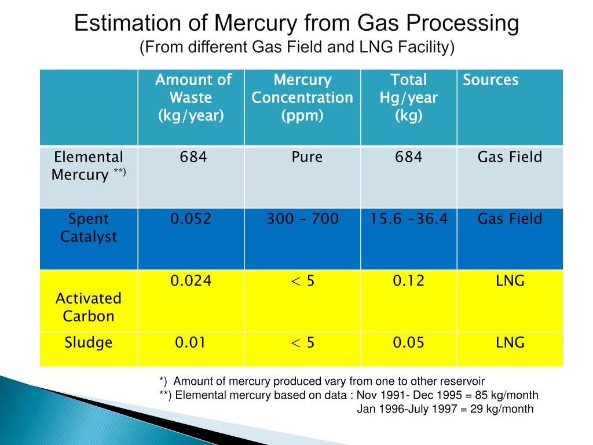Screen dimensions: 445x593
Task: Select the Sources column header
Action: point(490,80)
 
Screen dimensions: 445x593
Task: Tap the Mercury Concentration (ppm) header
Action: point(302,97)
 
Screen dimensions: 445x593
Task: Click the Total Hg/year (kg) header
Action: point(408,97)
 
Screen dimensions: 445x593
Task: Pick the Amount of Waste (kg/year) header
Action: point(193,97)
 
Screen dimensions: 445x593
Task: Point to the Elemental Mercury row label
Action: point(89,166)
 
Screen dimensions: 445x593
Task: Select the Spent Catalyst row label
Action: point(89,228)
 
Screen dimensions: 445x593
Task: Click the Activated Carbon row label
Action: point(89,307)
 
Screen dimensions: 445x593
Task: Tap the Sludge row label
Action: point(89,342)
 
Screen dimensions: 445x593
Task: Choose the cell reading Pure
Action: point(306,157)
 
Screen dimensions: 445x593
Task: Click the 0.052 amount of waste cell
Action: point(191,219)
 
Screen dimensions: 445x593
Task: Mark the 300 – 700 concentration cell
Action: point(303,219)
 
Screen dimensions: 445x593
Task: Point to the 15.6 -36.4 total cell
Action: point(409,219)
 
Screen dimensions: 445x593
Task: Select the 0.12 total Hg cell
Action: point(408,281)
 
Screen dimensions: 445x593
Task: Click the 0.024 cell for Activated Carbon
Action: point(191,281)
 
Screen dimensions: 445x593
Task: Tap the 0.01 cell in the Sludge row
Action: point(191,342)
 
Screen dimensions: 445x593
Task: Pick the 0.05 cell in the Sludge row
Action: point(408,342)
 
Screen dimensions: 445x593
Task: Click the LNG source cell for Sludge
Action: point(510,342)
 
